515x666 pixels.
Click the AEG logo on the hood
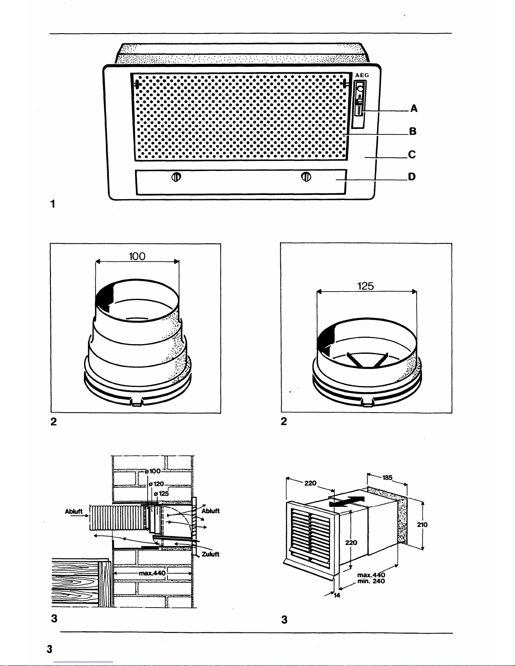[362, 75]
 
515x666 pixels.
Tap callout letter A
[414, 108]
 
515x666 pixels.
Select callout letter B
[413, 131]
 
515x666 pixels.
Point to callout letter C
[412, 154]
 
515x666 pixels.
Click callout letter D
[412, 176]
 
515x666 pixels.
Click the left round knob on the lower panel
[176, 177]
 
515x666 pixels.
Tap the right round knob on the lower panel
[306, 176]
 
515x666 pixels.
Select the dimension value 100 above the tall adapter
[137, 256]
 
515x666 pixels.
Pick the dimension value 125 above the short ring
[366, 286]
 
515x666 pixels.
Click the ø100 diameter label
[153, 471]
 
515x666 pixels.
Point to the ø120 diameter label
[156, 484]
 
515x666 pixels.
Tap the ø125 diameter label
[161, 493]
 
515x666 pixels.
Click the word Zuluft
[210, 554]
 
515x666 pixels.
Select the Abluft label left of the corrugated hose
[74, 511]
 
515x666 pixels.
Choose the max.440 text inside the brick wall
[152, 573]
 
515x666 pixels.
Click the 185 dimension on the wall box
[387, 477]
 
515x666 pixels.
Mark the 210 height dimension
[422, 524]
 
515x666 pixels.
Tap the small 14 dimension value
[337, 595]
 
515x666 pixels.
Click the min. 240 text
[371, 581]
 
